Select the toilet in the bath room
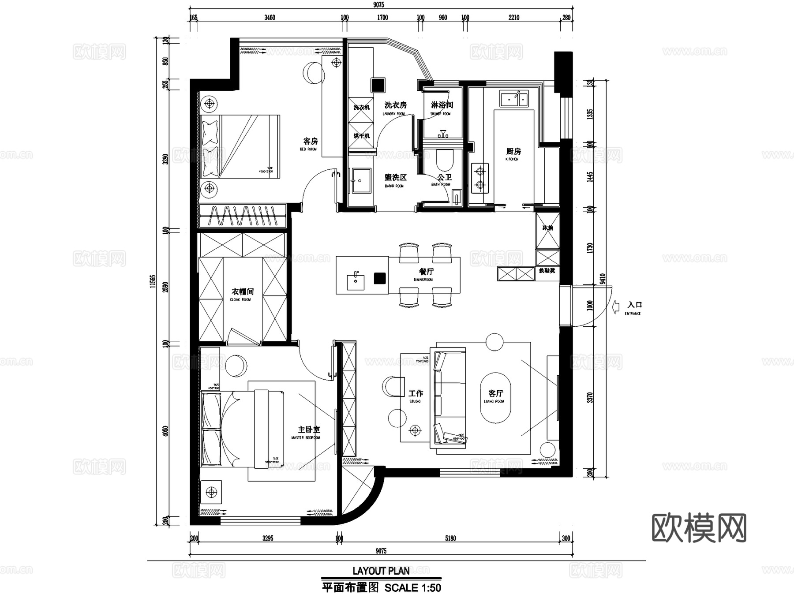[445, 160]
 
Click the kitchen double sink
[513, 99]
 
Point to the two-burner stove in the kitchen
[480, 178]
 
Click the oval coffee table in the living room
[495, 398]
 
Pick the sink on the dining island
[356, 281]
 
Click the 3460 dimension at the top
[270, 18]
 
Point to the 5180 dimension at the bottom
[450, 538]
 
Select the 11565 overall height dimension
[153, 281]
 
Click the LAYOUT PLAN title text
[381, 571]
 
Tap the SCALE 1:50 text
[413, 588]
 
